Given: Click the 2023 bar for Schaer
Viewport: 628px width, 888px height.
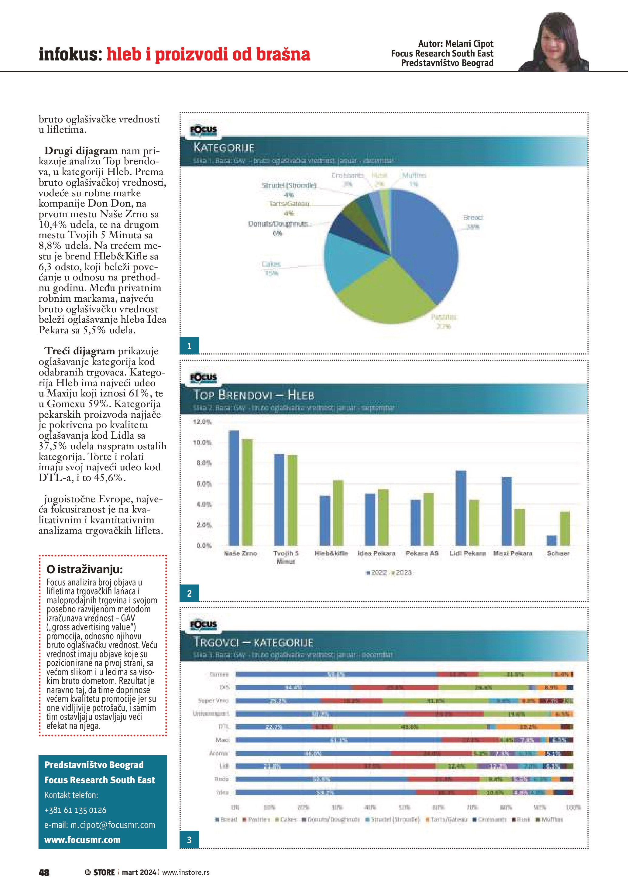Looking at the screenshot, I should coord(565,528).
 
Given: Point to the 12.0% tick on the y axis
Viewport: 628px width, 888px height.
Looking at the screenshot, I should coord(202,422).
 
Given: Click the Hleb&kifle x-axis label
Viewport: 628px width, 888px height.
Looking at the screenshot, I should coord(331,554).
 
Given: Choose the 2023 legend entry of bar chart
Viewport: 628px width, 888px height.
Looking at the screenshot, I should coord(402,573).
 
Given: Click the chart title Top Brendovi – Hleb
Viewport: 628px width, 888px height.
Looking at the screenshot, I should coord(253,395).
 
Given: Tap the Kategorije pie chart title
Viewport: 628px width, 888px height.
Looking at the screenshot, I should coord(224,148).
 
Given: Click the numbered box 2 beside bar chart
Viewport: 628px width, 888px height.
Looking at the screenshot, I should coord(189,593).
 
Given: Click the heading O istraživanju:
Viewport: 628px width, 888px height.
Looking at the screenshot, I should coord(84,569).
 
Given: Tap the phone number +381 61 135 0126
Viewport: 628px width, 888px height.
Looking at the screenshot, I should coord(75,810).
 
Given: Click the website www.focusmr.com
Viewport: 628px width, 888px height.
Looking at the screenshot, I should coord(82,840).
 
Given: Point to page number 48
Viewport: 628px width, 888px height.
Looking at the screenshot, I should coord(44,873).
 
